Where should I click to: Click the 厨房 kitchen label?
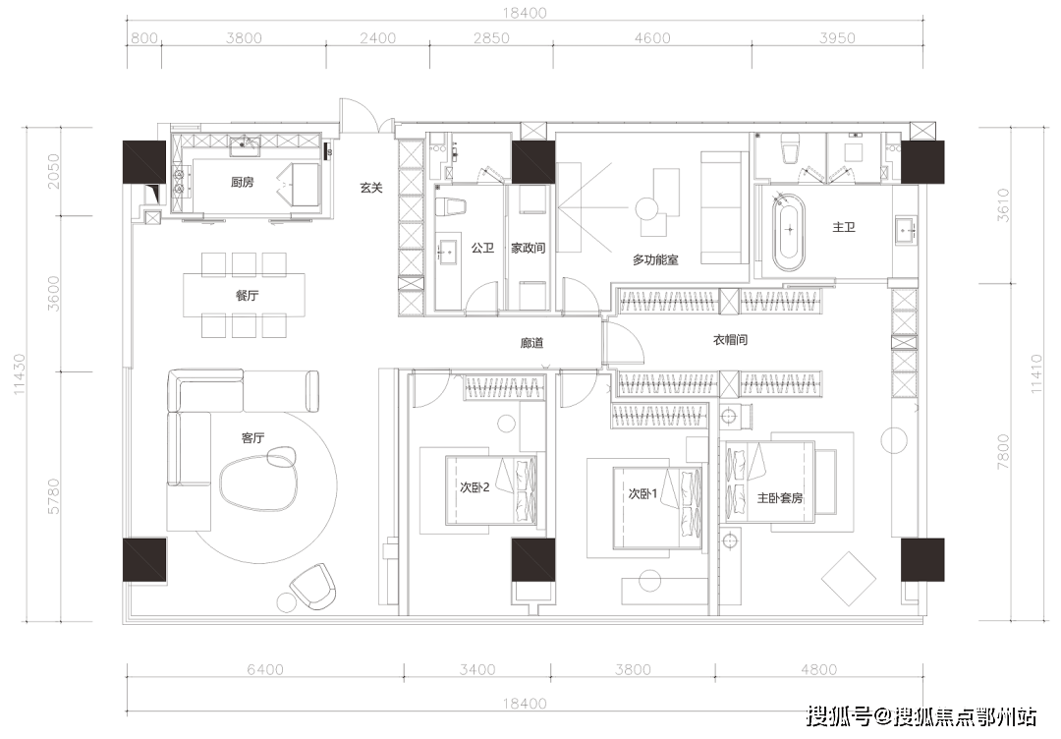pyautogui.click(x=243, y=182)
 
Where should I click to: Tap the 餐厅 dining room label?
pyautogui.click(x=247, y=295)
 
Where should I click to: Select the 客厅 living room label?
pyautogui.click(x=253, y=438)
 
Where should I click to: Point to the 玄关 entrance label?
pyautogui.click(x=371, y=188)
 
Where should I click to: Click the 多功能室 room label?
pyautogui.click(x=655, y=259)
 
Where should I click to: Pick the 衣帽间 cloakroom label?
pyautogui.click(x=730, y=339)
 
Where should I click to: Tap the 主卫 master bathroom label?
pyautogui.click(x=844, y=227)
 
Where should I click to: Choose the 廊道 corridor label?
pyautogui.click(x=531, y=342)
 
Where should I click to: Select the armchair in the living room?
pyautogui.click(x=312, y=586)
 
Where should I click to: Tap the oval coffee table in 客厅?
pyautogui.click(x=257, y=482)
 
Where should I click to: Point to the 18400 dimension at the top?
pyautogui.click(x=525, y=12)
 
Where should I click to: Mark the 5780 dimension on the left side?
pyautogui.click(x=53, y=496)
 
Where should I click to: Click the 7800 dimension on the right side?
pyautogui.click(x=1003, y=452)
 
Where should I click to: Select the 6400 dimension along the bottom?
pyautogui.click(x=265, y=670)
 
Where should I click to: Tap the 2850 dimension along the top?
pyautogui.click(x=491, y=38)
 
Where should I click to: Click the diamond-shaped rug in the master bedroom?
pyautogui.click(x=849, y=579)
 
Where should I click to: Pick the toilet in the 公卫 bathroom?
pyautogui.click(x=452, y=206)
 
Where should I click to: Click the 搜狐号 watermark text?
pyautogui.click(x=840, y=716)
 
